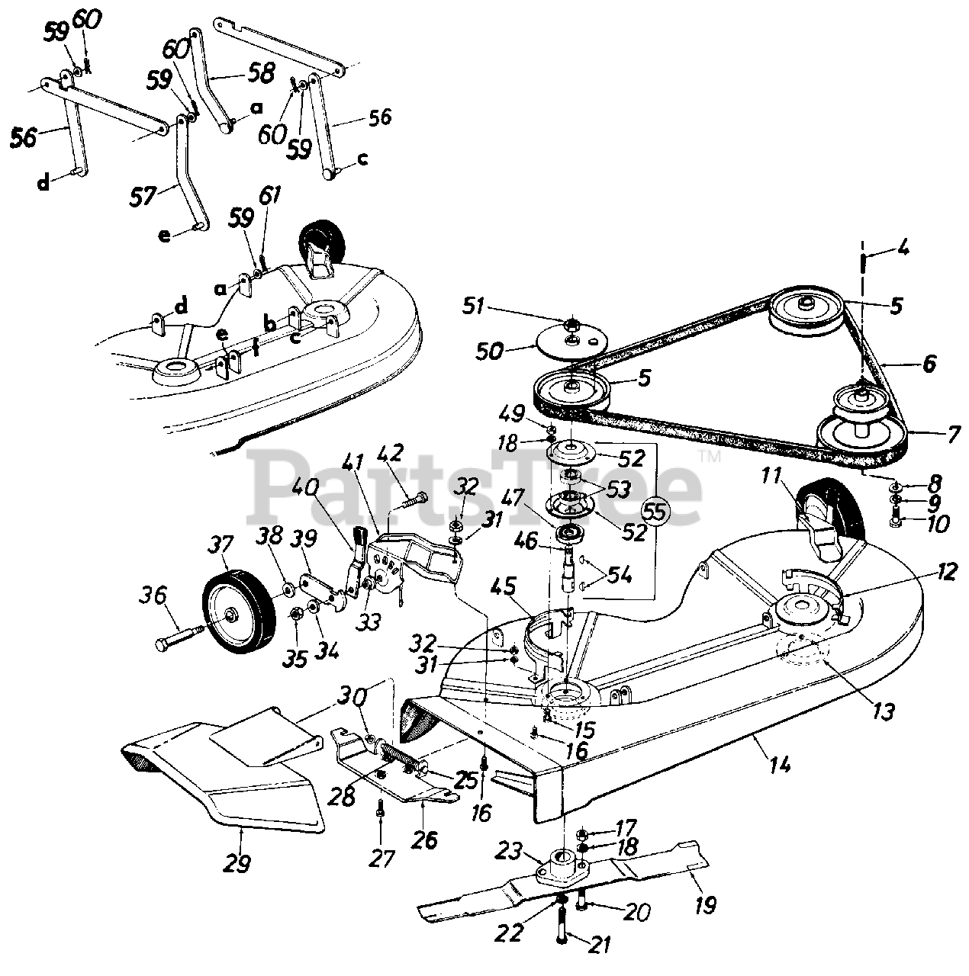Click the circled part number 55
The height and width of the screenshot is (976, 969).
[x=655, y=512]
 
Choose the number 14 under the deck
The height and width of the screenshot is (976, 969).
[x=779, y=764]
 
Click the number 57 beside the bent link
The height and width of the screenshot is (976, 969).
[x=141, y=195]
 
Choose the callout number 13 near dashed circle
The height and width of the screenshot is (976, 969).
[x=884, y=711]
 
